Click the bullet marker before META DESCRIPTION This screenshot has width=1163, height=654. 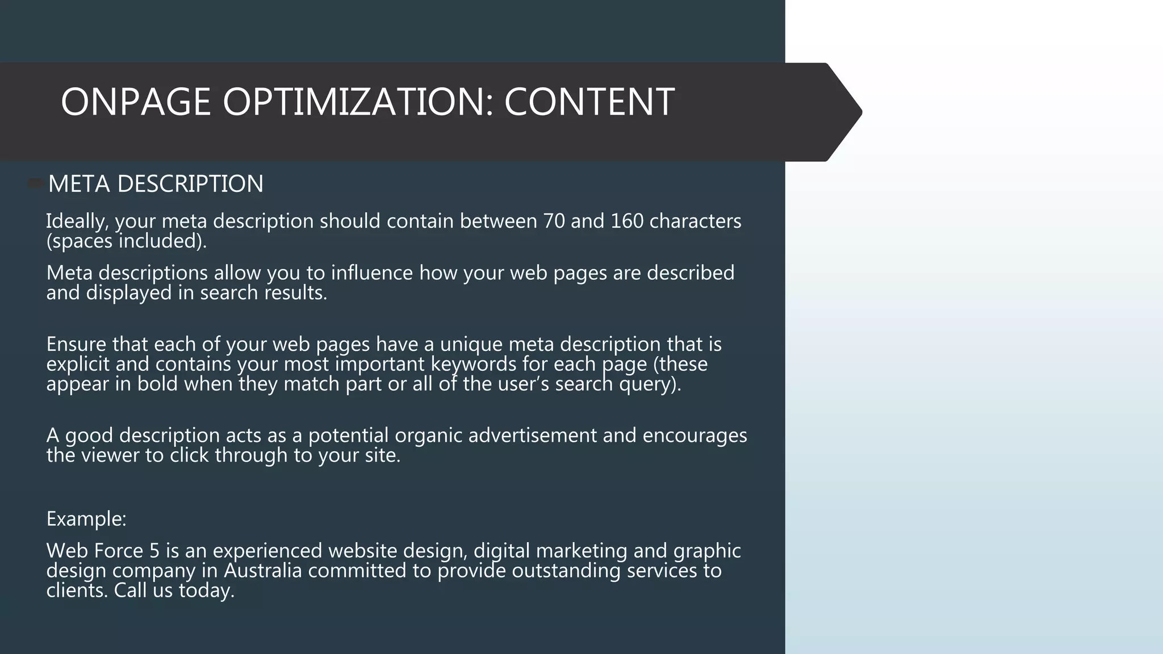tap(36, 183)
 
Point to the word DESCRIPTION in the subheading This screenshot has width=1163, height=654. tap(190, 184)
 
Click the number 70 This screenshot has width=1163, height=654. tap(554, 221)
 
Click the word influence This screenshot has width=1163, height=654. tap(371, 273)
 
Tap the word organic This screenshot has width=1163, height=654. tap(428, 435)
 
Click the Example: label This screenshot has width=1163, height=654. tap(86, 519)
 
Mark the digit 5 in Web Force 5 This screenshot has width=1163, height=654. tap(154, 551)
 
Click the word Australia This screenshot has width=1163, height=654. tap(262, 571)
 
